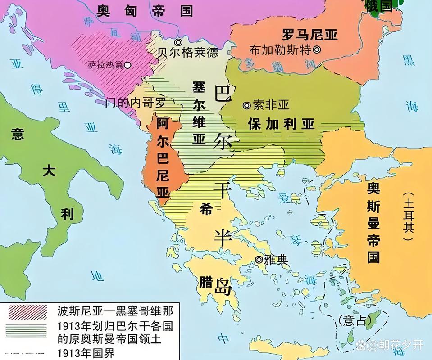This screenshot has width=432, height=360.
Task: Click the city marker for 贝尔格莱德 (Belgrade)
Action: pos(178,42)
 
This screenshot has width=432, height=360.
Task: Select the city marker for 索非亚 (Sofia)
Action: pos(246,105)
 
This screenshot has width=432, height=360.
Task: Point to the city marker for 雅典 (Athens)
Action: pos(259,260)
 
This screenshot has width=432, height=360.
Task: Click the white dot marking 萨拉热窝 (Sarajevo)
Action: pos(127,65)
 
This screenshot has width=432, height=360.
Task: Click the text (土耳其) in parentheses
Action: pos(408,216)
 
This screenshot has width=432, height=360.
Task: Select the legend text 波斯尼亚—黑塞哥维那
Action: pos(115,310)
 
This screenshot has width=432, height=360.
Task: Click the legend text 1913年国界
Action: pos(86,351)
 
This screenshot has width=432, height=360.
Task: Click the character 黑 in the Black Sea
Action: pos(408,60)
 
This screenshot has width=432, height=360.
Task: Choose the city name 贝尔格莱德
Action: pos(187,53)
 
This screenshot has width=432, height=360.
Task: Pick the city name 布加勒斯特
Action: pos(280,50)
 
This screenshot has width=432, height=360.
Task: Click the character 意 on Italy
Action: pos(18,134)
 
